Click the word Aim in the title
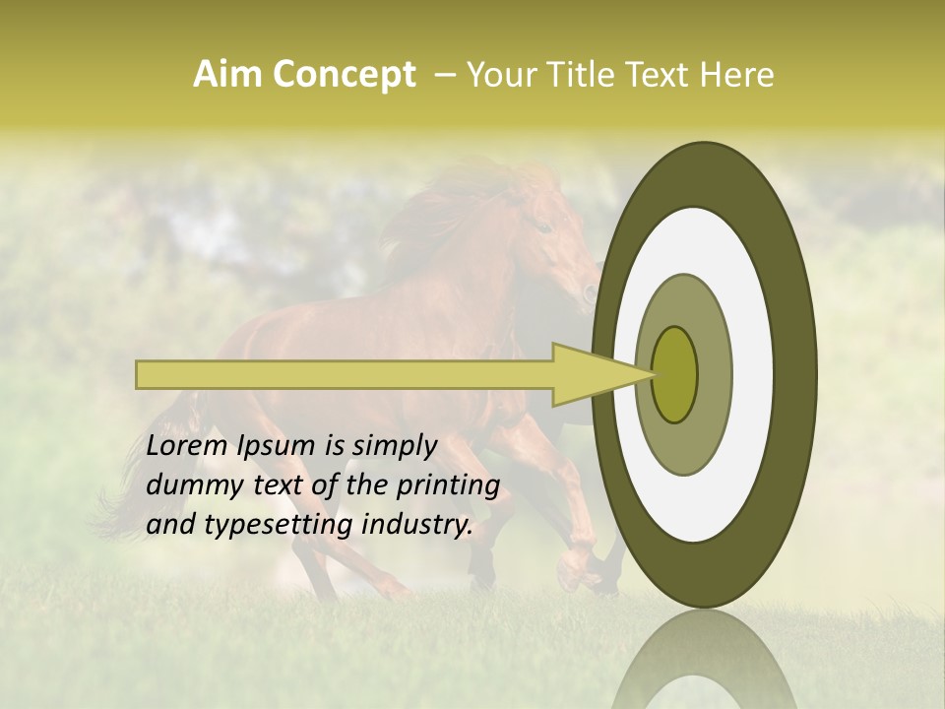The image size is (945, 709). coord(227,75)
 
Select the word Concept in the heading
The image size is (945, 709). coord(344,76)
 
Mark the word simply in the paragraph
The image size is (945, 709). coord(393,447)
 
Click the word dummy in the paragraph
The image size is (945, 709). coord(191,485)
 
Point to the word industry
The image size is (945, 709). coord(416,525)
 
